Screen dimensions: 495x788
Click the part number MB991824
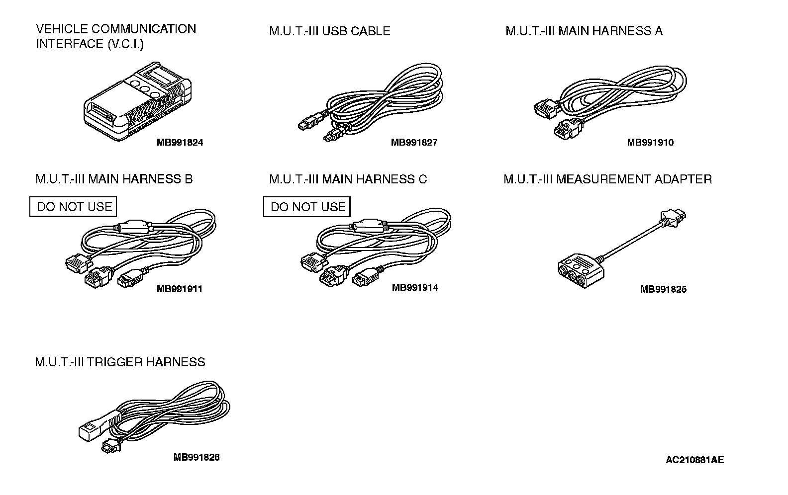pos(180,143)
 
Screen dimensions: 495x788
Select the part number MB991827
pos(414,143)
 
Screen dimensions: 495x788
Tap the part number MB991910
pos(650,143)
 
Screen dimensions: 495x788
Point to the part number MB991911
pos(180,289)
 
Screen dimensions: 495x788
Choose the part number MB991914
pos(415,287)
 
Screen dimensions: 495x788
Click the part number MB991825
pos(663,289)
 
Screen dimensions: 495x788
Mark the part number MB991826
pos(197,457)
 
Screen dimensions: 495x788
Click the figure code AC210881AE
pos(694,460)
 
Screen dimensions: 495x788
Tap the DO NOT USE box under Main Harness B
pos(74,207)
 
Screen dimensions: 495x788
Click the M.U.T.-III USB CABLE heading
pos(329,31)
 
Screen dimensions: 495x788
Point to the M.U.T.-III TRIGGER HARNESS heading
pos(120,362)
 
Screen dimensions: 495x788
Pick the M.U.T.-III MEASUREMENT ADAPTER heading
pos(607,179)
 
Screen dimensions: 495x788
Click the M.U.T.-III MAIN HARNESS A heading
pos(584,31)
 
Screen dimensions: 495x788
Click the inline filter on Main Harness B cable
pos(133,227)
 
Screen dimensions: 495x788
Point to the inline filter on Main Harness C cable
pos(369,226)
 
